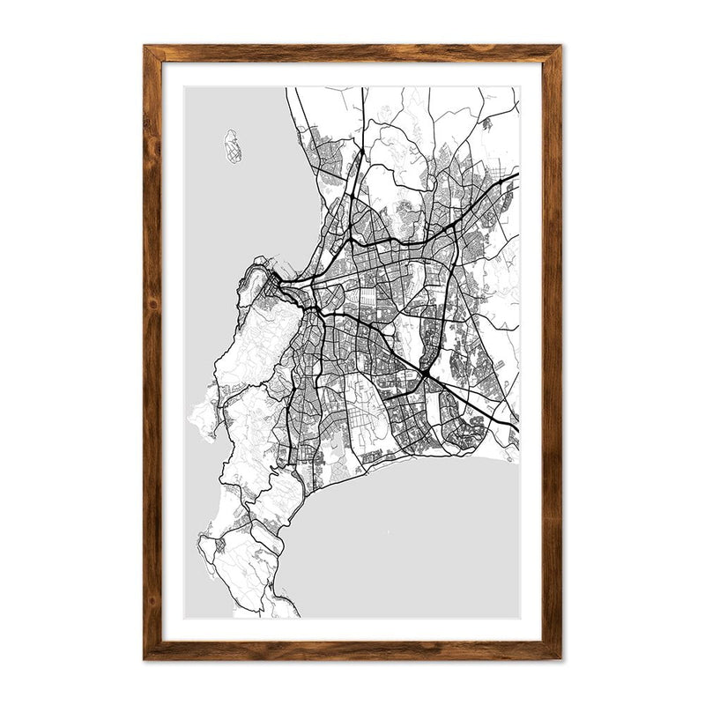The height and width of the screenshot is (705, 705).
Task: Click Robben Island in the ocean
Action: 233,147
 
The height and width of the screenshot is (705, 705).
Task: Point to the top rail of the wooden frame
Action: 352,53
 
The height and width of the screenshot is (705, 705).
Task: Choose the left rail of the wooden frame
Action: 152,352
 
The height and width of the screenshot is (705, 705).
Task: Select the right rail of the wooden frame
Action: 552,352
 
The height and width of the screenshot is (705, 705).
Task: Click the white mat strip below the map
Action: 352,629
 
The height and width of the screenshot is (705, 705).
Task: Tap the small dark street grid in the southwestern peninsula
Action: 220,545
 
